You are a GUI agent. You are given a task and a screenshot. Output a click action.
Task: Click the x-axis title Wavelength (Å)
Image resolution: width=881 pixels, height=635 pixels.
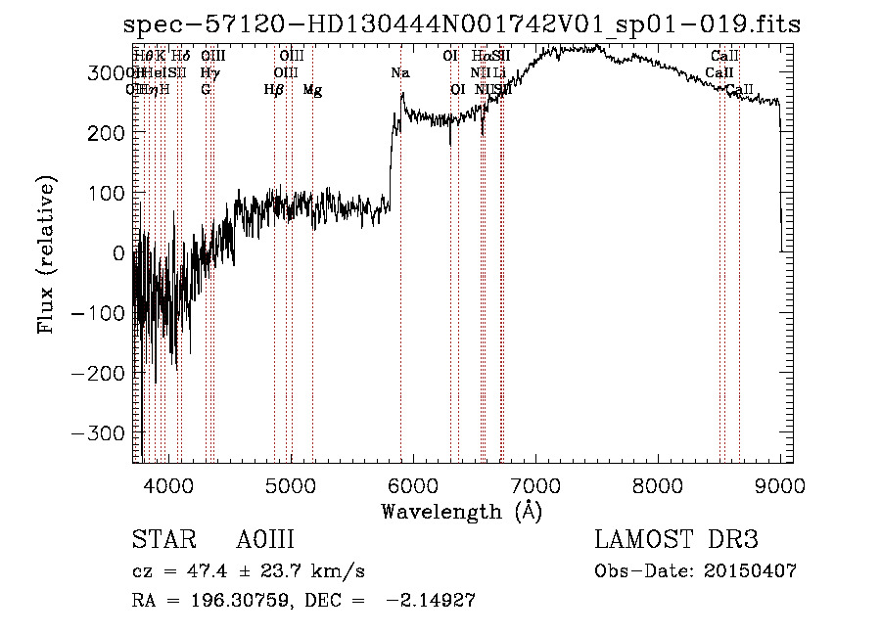[x=461, y=511]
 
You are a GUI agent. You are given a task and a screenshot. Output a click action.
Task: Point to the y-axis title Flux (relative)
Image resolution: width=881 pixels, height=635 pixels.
[x=47, y=254]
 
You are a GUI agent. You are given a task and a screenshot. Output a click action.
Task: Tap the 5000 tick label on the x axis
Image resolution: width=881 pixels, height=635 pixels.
[x=291, y=484]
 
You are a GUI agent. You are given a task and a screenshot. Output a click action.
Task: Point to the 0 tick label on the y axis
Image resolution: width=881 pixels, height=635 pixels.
[x=119, y=252]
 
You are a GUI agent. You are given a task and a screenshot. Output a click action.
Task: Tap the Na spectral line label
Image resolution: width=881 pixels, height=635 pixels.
[x=400, y=73]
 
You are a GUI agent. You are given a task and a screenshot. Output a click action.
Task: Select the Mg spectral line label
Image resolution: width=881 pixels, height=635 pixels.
[x=312, y=90]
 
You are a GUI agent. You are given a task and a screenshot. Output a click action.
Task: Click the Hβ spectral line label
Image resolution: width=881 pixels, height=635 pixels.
[x=274, y=90]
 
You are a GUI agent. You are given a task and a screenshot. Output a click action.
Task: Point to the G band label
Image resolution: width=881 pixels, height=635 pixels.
[x=206, y=90]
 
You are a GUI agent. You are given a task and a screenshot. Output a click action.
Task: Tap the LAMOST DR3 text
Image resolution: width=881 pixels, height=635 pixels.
[x=676, y=540]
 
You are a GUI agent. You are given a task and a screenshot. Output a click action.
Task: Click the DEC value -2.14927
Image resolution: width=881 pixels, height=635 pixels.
[x=431, y=601]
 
